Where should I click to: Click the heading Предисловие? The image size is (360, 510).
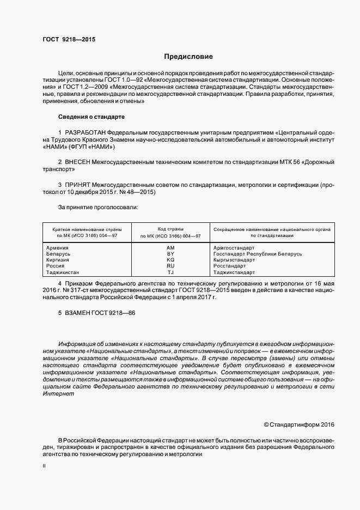click(x=188, y=57)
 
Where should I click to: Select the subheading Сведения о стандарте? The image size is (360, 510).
click(x=91, y=117)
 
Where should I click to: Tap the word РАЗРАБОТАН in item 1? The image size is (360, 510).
click(x=85, y=133)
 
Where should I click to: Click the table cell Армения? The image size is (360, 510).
click(x=58, y=248)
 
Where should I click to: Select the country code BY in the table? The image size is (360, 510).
click(x=170, y=254)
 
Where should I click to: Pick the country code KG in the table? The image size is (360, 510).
click(x=170, y=260)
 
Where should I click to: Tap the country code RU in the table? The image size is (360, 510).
click(x=170, y=266)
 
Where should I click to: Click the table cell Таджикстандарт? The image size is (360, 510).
click(x=234, y=272)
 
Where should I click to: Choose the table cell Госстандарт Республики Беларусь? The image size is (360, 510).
click(x=257, y=254)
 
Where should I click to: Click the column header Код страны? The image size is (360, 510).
click(x=170, y=229)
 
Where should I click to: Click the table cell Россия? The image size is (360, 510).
click(x=56, y=266)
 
